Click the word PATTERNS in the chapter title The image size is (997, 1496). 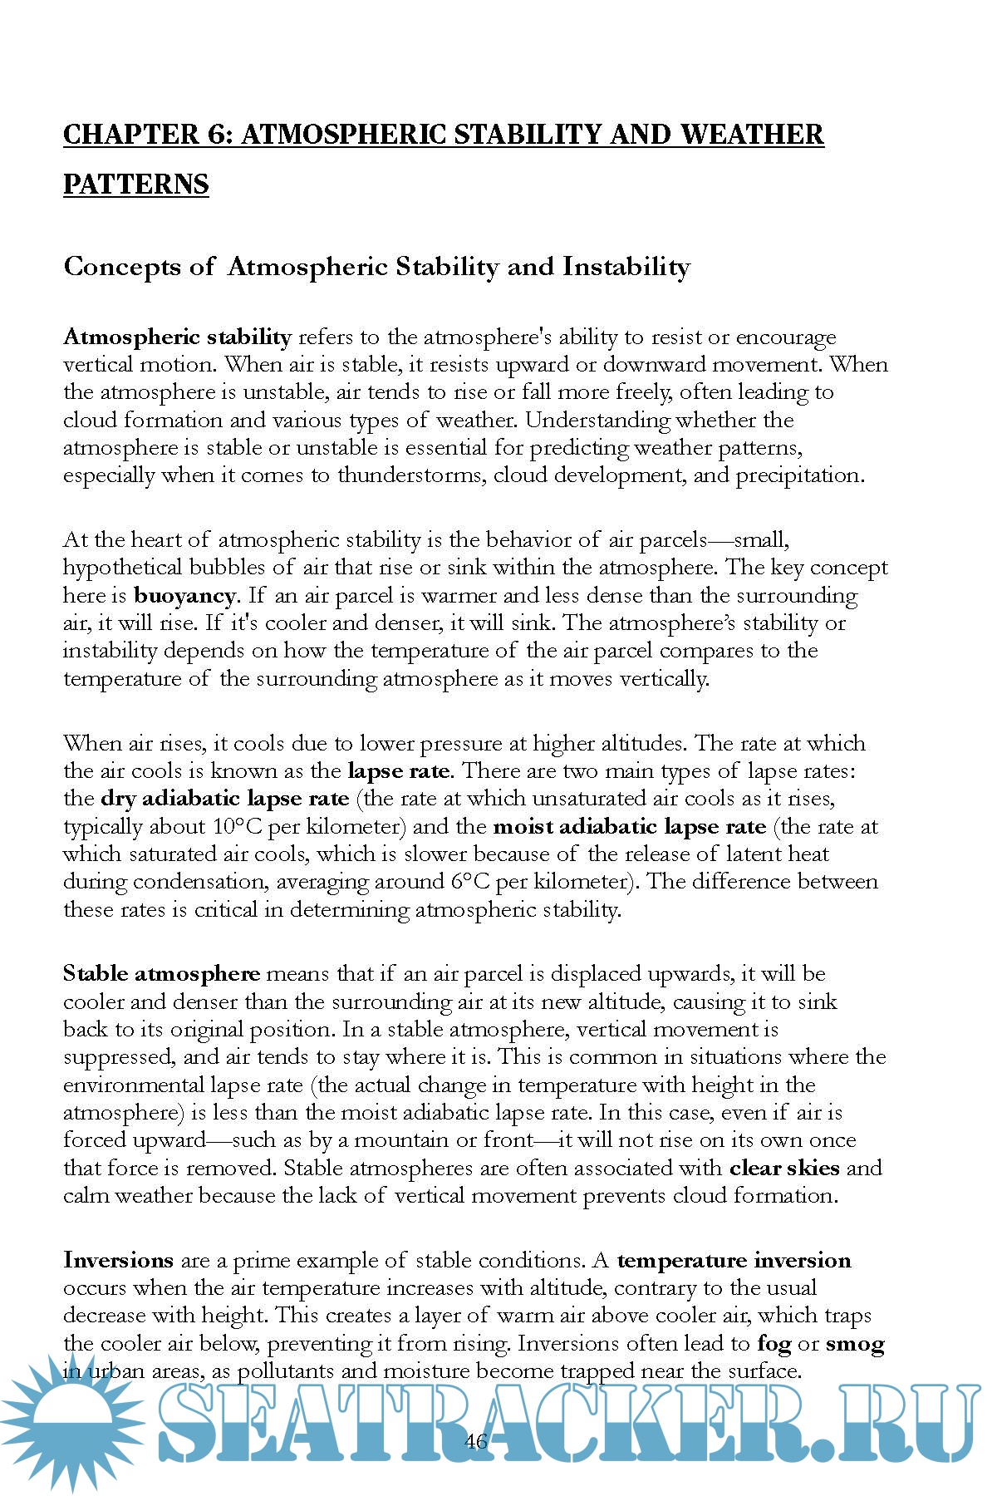point(135,184)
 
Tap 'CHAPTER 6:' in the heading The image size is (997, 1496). point(148,134)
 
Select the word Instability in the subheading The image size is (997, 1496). point(626,267)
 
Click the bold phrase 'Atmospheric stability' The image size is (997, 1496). point(177,337)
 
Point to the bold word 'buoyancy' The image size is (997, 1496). point(184,595)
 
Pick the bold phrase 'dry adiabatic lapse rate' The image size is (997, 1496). point(224,799)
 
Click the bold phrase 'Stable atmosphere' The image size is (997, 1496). point(161,973)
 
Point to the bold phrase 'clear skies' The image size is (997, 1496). point(784,1168)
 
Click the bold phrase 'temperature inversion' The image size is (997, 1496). point(734,1260)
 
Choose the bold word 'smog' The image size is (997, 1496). point(855,1343)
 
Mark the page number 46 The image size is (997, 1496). point(476,1441)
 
